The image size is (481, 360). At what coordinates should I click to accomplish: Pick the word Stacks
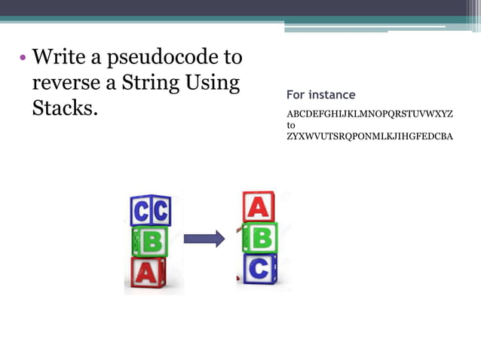65,108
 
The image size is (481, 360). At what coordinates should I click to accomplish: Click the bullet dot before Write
23,59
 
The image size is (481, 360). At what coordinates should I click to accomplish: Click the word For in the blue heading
297,95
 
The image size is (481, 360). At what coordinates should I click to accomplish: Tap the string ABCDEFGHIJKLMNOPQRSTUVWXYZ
369,114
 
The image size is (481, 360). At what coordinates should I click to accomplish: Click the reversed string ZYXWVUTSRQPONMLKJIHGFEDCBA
369,138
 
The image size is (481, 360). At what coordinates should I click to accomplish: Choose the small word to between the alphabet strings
291,126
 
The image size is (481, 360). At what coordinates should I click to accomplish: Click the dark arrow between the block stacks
204,239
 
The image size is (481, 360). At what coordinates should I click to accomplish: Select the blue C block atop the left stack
151,211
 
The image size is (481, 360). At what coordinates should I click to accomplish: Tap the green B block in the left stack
149,242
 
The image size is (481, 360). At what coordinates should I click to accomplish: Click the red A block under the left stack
148,273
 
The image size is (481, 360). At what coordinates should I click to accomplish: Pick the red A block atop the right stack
259,206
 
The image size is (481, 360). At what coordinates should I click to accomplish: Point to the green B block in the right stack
261,237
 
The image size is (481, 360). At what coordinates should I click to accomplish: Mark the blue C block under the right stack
260,269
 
